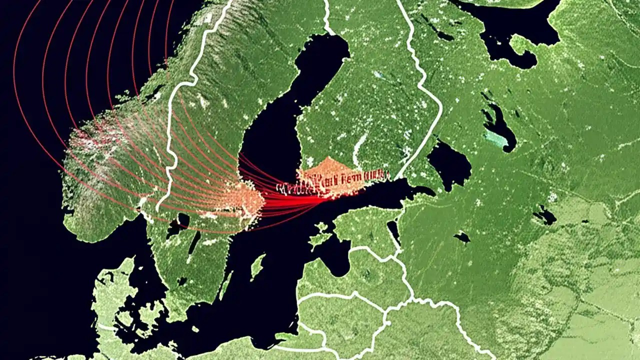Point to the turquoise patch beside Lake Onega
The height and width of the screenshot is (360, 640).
click(495, 137)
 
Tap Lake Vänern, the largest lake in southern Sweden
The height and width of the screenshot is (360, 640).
click(177, 225)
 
